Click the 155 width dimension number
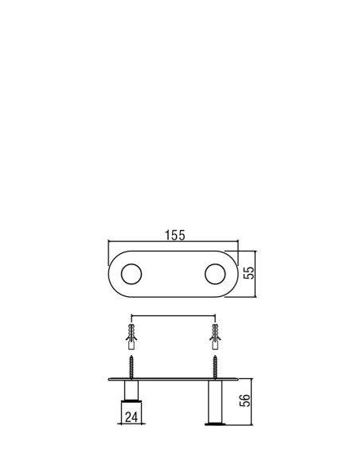[175, 235]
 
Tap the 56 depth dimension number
[245, 401]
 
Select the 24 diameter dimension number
[131, 417]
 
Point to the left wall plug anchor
[131, 337]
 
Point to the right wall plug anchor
[215, 337]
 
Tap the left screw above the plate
[131, 367]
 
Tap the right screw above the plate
[215, 367]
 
